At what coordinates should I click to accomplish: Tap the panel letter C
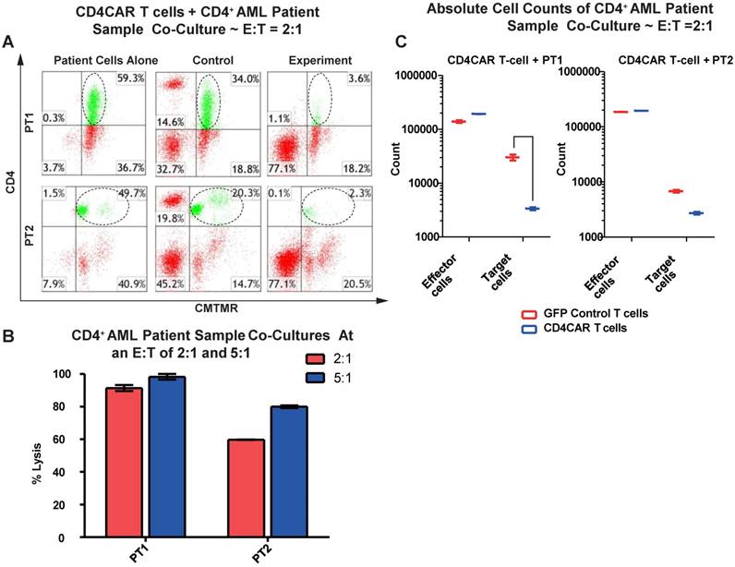[x=400, y=42]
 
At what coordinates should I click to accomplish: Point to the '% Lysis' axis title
[x=37, y=455]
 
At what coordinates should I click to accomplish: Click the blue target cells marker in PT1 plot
[x=531, y=209]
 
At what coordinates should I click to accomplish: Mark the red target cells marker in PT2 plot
[x=675, y=191]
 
